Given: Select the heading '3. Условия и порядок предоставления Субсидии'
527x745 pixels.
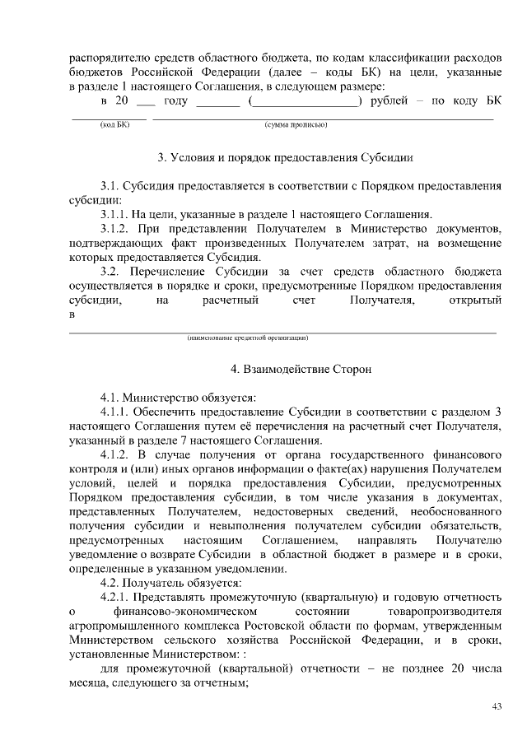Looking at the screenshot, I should pyautogui.click(x=284, y=156).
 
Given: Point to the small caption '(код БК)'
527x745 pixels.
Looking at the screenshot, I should pyautogui.click(x=110, y=124).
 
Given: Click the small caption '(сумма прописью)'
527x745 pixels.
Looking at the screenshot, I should pyautogui.click(x=296, y=124).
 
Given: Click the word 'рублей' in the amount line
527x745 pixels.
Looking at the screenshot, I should pyautogui.click(x=389, y=100).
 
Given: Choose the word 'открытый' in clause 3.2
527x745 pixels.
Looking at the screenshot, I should pyautogui.click(x=475, y=300).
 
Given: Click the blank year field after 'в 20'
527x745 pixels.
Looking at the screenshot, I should pyautogui.click(x=146, y=102).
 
